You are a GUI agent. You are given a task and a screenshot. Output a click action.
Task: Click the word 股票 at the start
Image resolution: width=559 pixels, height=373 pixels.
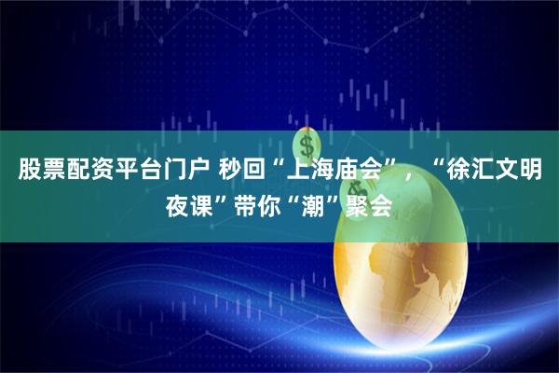point(37,171)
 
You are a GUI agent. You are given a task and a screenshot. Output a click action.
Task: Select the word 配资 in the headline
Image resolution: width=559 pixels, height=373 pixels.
point(91,171)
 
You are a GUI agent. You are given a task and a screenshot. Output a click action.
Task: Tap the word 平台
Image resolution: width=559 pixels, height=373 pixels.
point(145,171)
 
